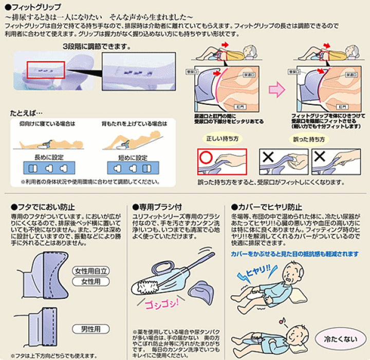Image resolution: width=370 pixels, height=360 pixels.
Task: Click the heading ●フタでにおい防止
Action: pos(43,207)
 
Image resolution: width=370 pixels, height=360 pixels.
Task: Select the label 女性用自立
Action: pos(91,271)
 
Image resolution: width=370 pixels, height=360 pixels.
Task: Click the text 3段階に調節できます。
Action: pos(96,47)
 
